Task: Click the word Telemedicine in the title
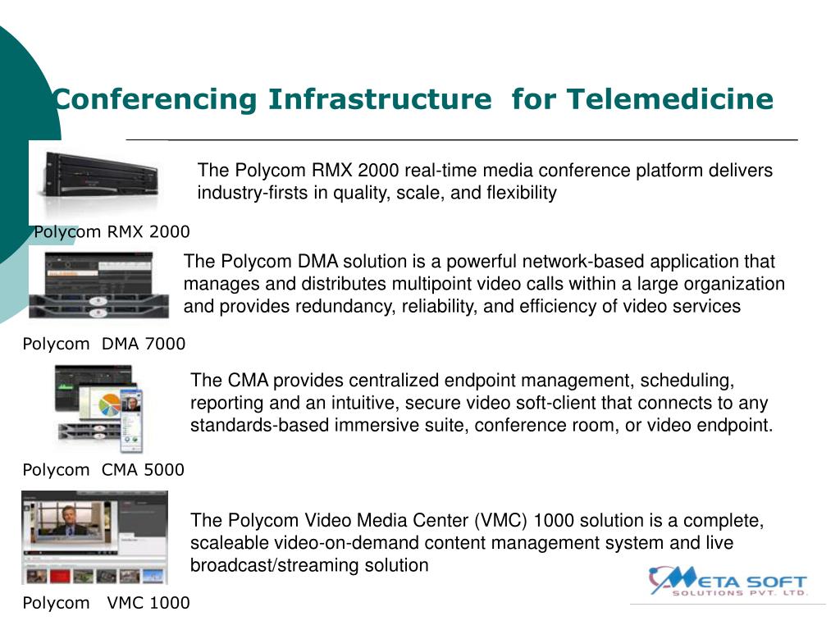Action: [x=669, y=99]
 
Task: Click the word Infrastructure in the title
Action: [x=378, y=99]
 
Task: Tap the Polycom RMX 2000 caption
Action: [x=112, y=231]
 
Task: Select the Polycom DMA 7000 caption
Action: [x=104, y=344]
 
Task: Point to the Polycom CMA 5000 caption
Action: [x=103, y=470]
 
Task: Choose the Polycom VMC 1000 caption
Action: [x=106, y=603]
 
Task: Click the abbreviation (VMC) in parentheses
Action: [x=501, y=521]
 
